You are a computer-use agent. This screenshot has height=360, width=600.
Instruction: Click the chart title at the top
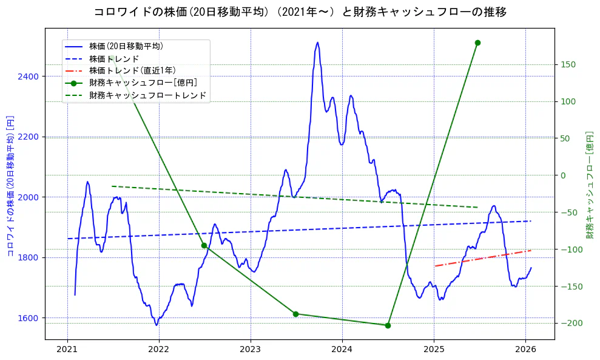pyautogui.click(x=300, y=12)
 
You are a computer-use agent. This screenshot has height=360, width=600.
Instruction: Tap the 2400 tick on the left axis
pyautogui.click(x=29, y=76)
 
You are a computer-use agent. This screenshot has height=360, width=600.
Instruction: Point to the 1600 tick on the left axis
pyautogui.click(x=29, y=318)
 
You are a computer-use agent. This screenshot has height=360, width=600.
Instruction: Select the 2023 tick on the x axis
pyautogui.click(x=251, y=349)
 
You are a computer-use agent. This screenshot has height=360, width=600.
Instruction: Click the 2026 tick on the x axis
pyautogui.click(x=525, y=349)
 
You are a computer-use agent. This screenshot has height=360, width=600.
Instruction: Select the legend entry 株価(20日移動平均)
pyautogui.click(x=126, y=46)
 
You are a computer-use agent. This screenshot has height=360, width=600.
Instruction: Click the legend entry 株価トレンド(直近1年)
pyautogui.click(x=132, y=70)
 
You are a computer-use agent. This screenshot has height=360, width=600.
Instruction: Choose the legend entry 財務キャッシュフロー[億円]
pyautogui.click(x=143, y=83)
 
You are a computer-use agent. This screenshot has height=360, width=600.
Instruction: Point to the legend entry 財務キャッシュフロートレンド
pyautogui.click(x=147, y=95)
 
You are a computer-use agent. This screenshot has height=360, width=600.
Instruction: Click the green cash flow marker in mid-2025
pyautogui.click(x=477, y=42)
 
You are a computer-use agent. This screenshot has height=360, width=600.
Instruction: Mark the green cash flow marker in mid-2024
pyautogui.click(x=388, y=325)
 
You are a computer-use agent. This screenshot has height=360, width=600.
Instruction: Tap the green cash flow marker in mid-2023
pyautogui.click(x=295, y=314)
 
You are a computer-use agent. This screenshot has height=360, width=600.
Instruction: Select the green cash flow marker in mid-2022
pyautogui.click(x=204, y=245)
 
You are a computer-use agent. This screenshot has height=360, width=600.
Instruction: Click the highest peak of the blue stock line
pyautogui.click(x=317, y=42)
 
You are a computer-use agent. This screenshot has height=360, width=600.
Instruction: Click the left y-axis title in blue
pyautogui.click(x=10, y=185)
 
